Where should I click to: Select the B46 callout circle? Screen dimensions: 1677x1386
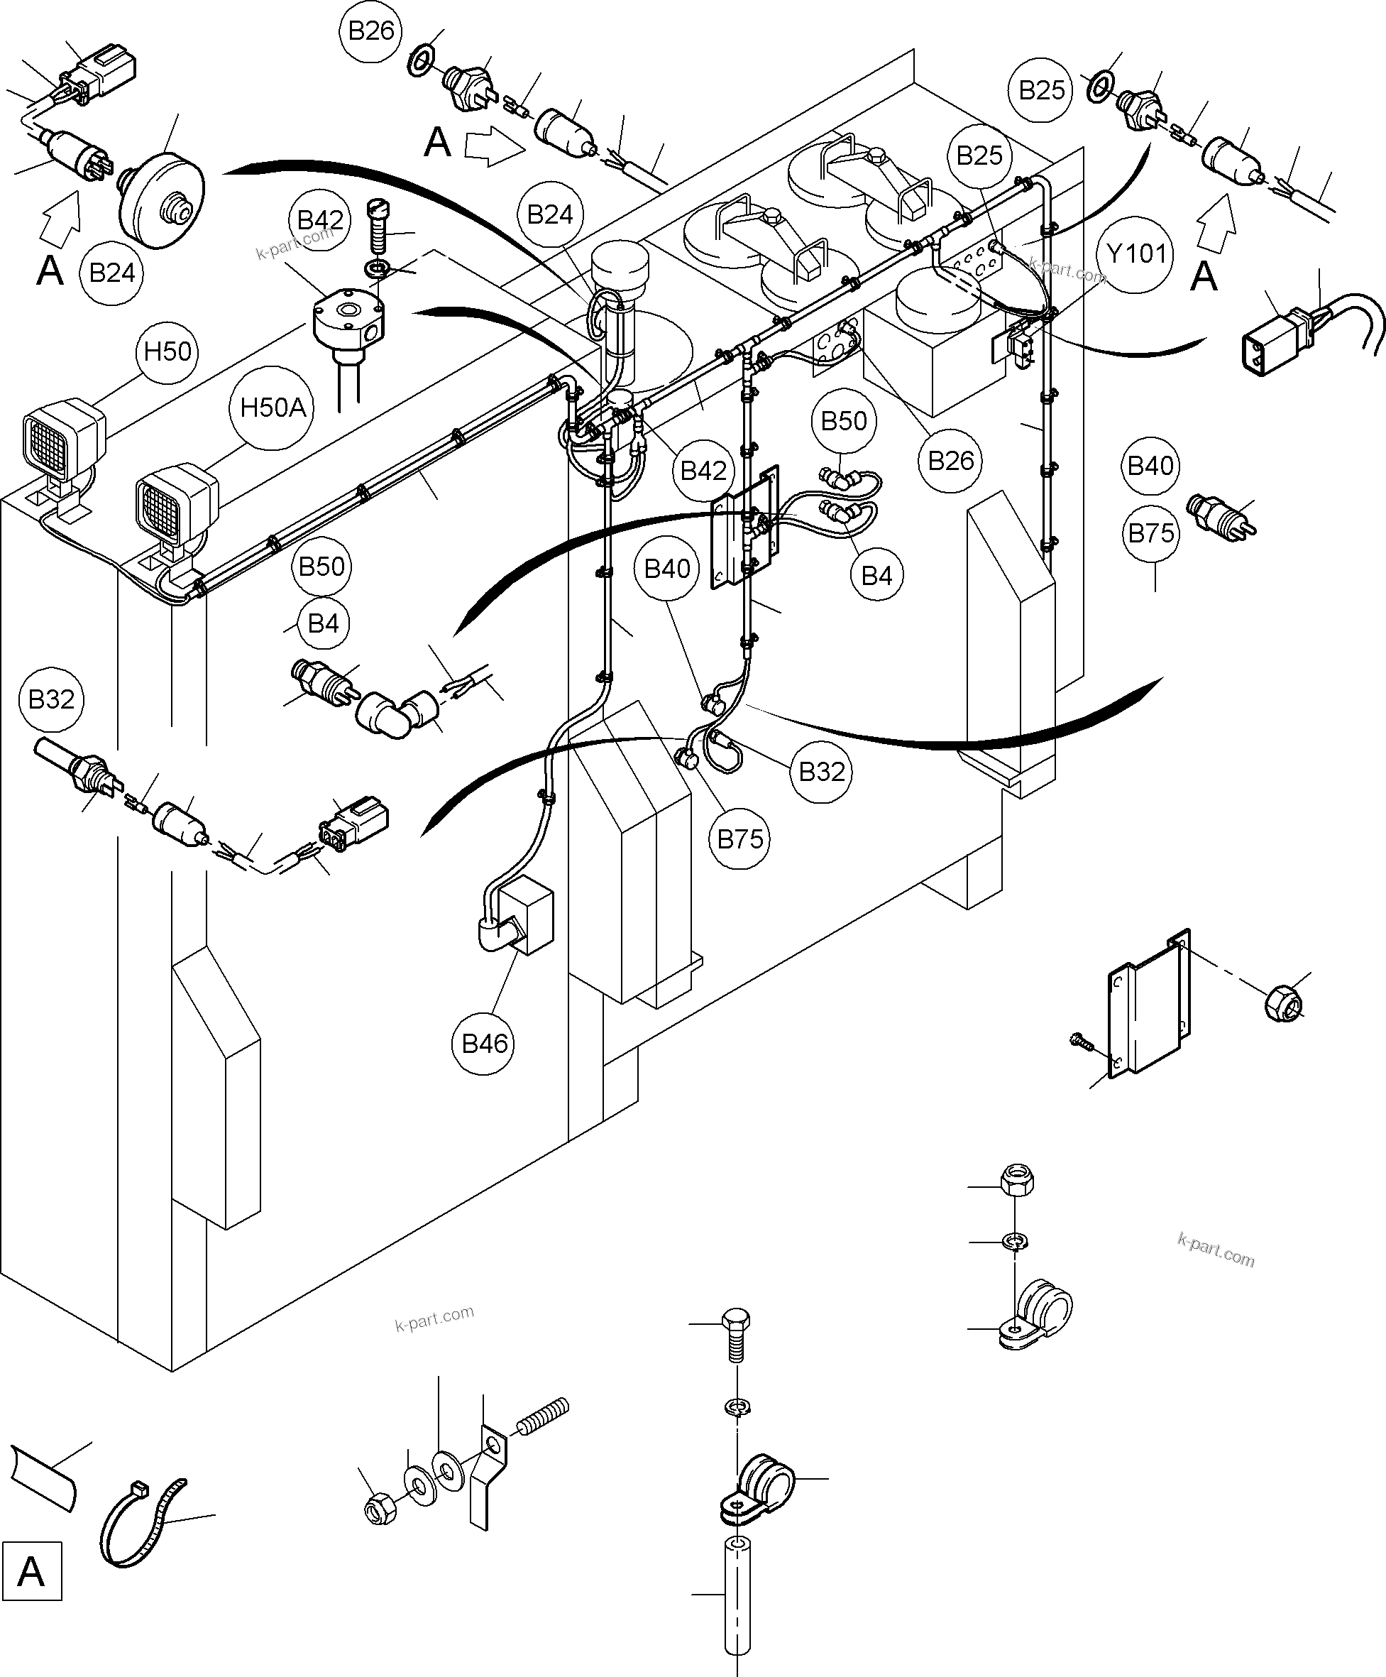tap(485, 1043)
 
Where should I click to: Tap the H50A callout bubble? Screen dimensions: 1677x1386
tap(273, 408)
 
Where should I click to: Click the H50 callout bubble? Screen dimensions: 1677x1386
tap(167, 351)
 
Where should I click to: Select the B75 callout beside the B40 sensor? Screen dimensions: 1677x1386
tap(1150, 532)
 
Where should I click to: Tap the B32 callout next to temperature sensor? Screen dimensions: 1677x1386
tap(51, 699)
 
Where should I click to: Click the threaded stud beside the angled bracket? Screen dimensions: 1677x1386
tap(543, 1416)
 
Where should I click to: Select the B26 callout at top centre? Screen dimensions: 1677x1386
tap(371, 31)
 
